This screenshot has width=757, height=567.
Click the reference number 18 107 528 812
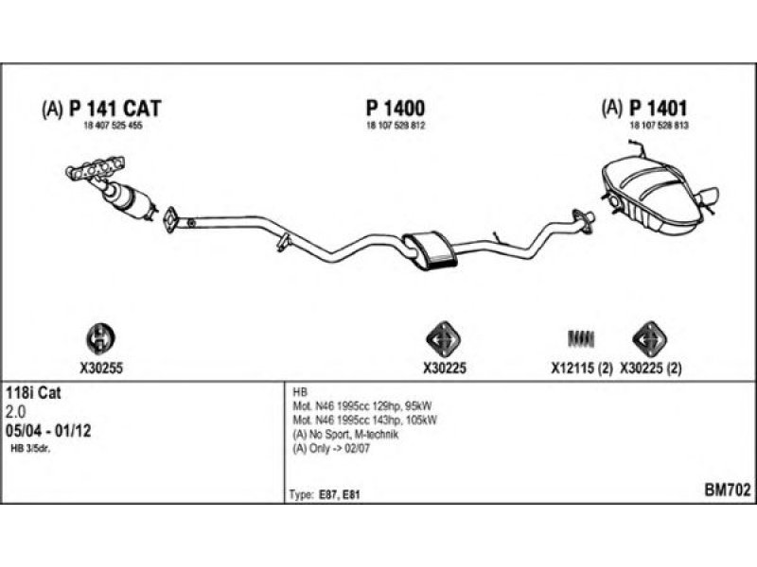coord(396,126)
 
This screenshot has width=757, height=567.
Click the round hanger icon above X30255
coord(98,338)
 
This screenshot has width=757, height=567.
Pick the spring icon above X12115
coord(581,338)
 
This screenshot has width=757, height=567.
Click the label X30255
coord(98,369)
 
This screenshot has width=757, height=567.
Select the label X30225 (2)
coord(652,369)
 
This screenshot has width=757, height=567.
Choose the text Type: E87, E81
coord(324,493)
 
